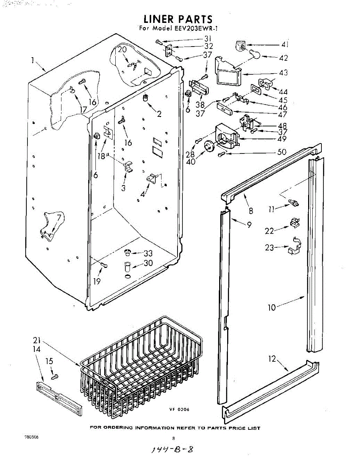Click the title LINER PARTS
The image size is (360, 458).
178,19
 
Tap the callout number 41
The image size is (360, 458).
284,45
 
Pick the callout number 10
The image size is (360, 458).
271,307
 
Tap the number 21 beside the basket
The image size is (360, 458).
37,341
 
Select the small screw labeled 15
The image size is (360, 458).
55,377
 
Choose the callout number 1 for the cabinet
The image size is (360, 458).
33,60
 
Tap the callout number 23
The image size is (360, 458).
270,248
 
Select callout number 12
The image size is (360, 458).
272,359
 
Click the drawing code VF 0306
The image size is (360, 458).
179,410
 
